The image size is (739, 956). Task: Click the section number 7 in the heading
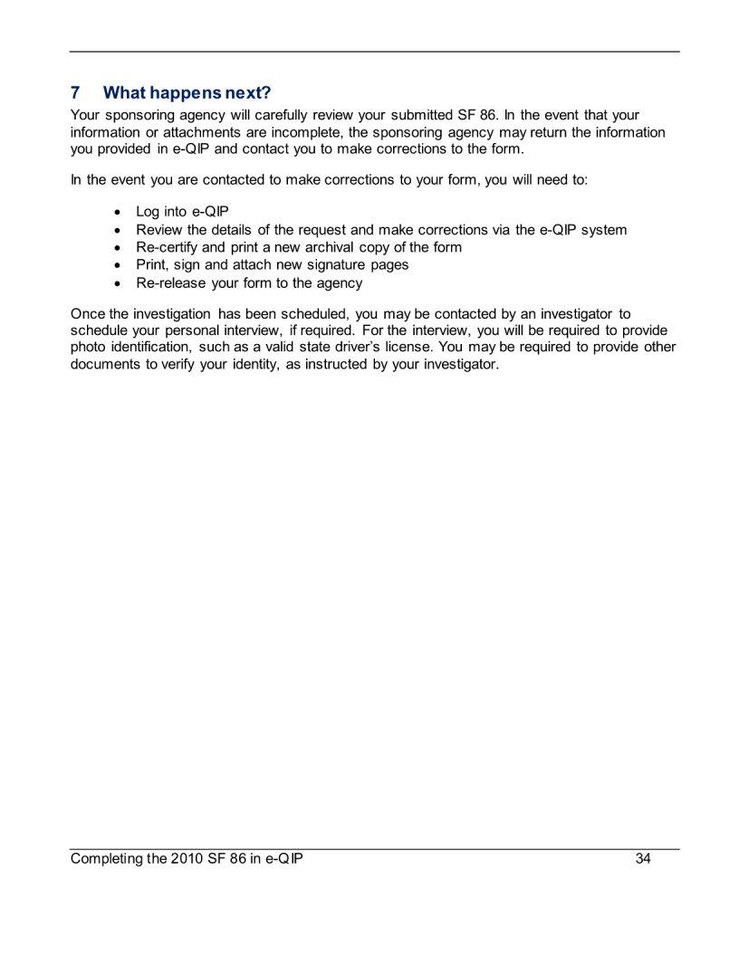click(x=76, y=93)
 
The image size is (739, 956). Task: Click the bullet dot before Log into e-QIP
click(x=120, y=212)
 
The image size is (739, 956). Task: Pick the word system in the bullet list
click(x=603, y=230)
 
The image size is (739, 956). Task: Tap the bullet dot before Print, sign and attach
click(x=120, y=265)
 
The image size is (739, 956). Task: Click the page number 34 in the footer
click(x=643, y=858)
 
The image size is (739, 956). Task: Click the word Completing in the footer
click(x=106, y=858)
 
